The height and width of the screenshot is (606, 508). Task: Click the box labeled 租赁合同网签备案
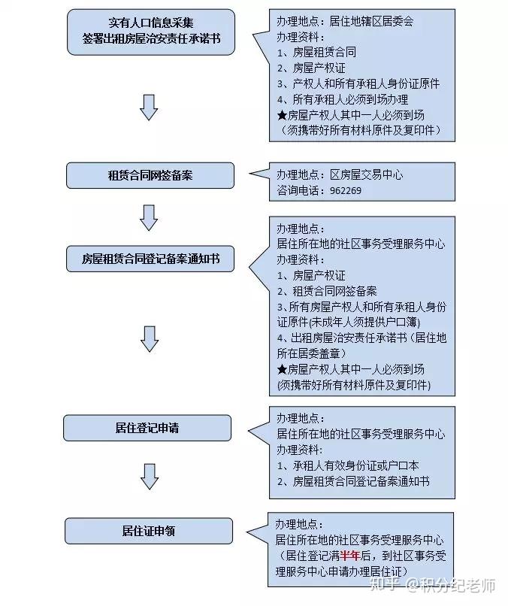coord(150,175)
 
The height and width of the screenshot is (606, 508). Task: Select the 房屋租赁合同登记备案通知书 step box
coord(150,259)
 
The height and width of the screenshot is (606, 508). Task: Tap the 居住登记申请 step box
coord(147,428)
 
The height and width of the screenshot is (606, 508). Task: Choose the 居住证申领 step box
coord(149,531)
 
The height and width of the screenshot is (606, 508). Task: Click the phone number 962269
coord(346,190)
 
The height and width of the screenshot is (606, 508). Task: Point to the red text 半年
coord(350,556)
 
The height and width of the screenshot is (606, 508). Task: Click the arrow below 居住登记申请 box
coord(149,477)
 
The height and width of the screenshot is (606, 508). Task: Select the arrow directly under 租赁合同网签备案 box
coord(149,217)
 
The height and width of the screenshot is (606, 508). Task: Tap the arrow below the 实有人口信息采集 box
coord(149,107)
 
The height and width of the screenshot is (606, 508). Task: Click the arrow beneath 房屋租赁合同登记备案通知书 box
coord(150,339)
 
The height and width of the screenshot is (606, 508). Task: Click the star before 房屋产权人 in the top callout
coord(282,115)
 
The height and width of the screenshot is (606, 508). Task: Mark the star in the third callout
coord(282,369)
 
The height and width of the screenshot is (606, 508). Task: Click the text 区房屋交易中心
coord(366,174)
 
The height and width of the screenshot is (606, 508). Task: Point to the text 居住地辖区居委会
coord(371,21)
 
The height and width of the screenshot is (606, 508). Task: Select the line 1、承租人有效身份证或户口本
coord(348,465)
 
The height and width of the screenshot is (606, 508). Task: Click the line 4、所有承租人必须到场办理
coord(342,99)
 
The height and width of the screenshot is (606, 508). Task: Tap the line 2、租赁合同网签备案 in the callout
coord(327,291)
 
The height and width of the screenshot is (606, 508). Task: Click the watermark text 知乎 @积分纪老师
coord(432,585)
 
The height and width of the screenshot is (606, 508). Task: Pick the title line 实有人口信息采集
coord(151,23)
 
